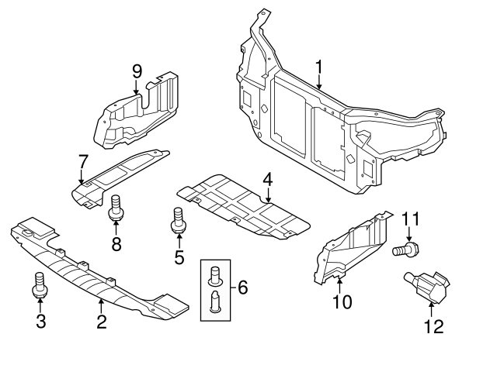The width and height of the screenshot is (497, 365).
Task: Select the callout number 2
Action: click(x=101, y=322)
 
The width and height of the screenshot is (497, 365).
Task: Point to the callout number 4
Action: click(x=268, y=180)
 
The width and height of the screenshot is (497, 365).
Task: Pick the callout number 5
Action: click(x=179, y=257)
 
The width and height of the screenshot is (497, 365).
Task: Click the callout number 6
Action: click(x=243, y=288)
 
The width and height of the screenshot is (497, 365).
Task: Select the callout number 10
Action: click(x=342, y=300)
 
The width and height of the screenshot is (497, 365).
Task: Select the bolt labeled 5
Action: click(x=178, y=219)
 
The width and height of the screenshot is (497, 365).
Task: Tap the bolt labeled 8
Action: click(x=116, y=207)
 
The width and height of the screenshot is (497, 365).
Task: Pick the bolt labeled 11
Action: click(x=405, y=250)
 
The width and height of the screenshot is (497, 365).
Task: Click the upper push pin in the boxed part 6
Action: click(x=216, y=274)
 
